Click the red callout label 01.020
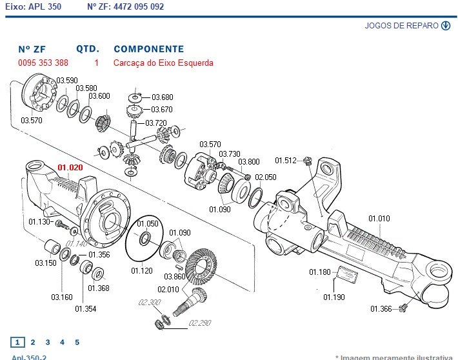point(70,167)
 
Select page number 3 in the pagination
point(46,343)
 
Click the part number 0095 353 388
point(43,63)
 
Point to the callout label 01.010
point(379,219)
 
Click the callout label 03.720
point(155,123)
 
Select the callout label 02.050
point(265,177)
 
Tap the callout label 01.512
point(285,161)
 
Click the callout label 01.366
point(381,309)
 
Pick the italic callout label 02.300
point(150,303)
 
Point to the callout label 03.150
point(45,263)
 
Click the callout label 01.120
point(142,270)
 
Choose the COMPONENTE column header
point(148,49)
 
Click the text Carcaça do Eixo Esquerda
point(163,63)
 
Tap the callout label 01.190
point(334,297)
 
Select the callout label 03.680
point(162,97)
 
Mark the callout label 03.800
point(249,162)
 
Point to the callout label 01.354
point(85,309)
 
